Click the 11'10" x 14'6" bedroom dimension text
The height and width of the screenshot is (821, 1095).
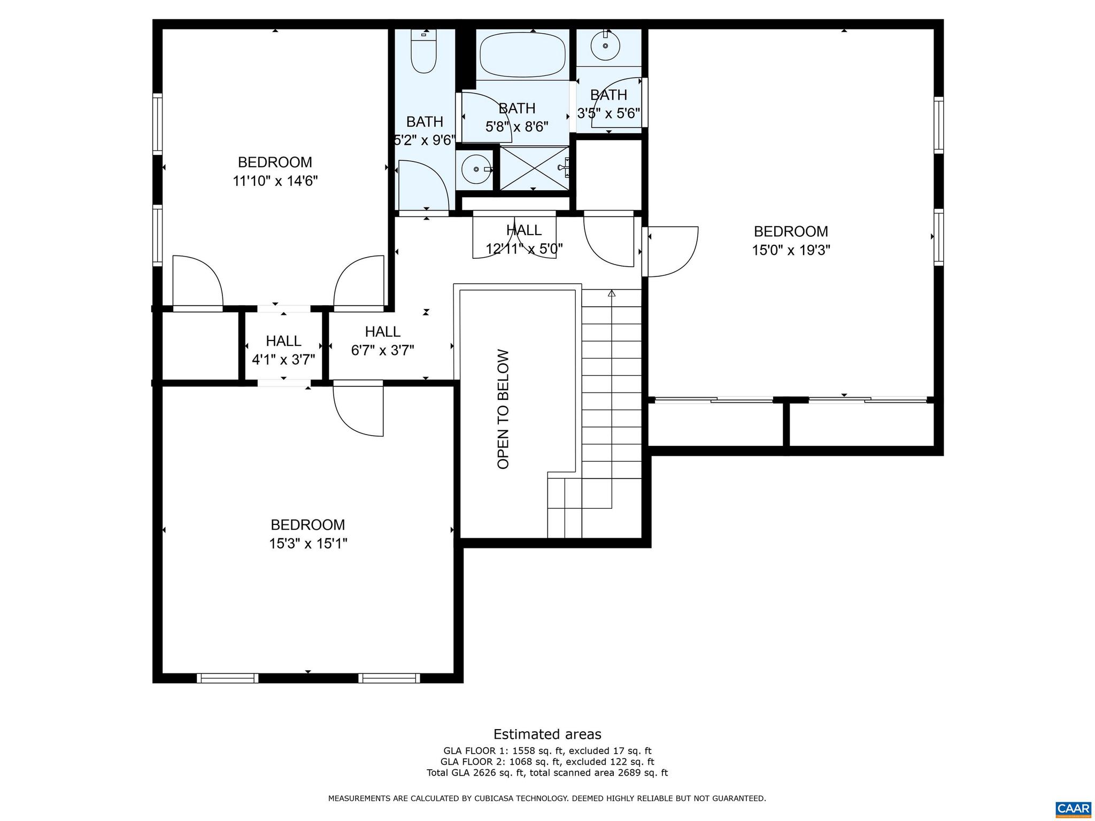pyautogui.click(x=275, y=181)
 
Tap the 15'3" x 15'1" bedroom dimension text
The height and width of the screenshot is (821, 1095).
pyautogui.click(x=308, y=544)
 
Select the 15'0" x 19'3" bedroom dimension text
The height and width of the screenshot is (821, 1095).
pyautogui.click(x=791, y=250)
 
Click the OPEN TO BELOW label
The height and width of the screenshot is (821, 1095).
pyautogui.click(x=503, y=409)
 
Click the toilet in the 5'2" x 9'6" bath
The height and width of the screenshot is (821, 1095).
pyautogui.click(x=423, y=52)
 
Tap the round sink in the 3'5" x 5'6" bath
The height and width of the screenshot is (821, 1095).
pyautogui.click(x=606, y=45)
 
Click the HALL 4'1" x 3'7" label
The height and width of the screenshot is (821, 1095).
pyautogui.click(x=283, y=350)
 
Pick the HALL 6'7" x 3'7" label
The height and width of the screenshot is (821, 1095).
pyautogui.click(x=382, y=341)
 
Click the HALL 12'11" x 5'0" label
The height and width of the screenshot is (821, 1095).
pyautogui.click(x=524, y=239)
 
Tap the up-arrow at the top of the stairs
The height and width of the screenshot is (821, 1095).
pyautogui.click(x=612, y=293)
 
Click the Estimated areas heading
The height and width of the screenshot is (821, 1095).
pyautogui.click(x=547, y=734)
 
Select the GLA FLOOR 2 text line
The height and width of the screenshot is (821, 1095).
pyautogui.click(x=547, y=762)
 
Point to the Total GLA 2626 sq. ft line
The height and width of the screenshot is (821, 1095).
pyautogui.click(x=547, y=772)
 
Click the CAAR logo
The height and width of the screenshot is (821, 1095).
pyautogui.click(x=1073, y=808)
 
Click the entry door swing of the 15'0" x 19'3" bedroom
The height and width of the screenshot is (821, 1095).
pyautogui.click(x=672, y=251)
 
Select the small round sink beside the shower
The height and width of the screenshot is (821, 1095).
pyautogui.click(x=476, y=169)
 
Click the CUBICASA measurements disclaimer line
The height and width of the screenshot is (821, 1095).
pyautogui.click(x=547, y=799)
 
